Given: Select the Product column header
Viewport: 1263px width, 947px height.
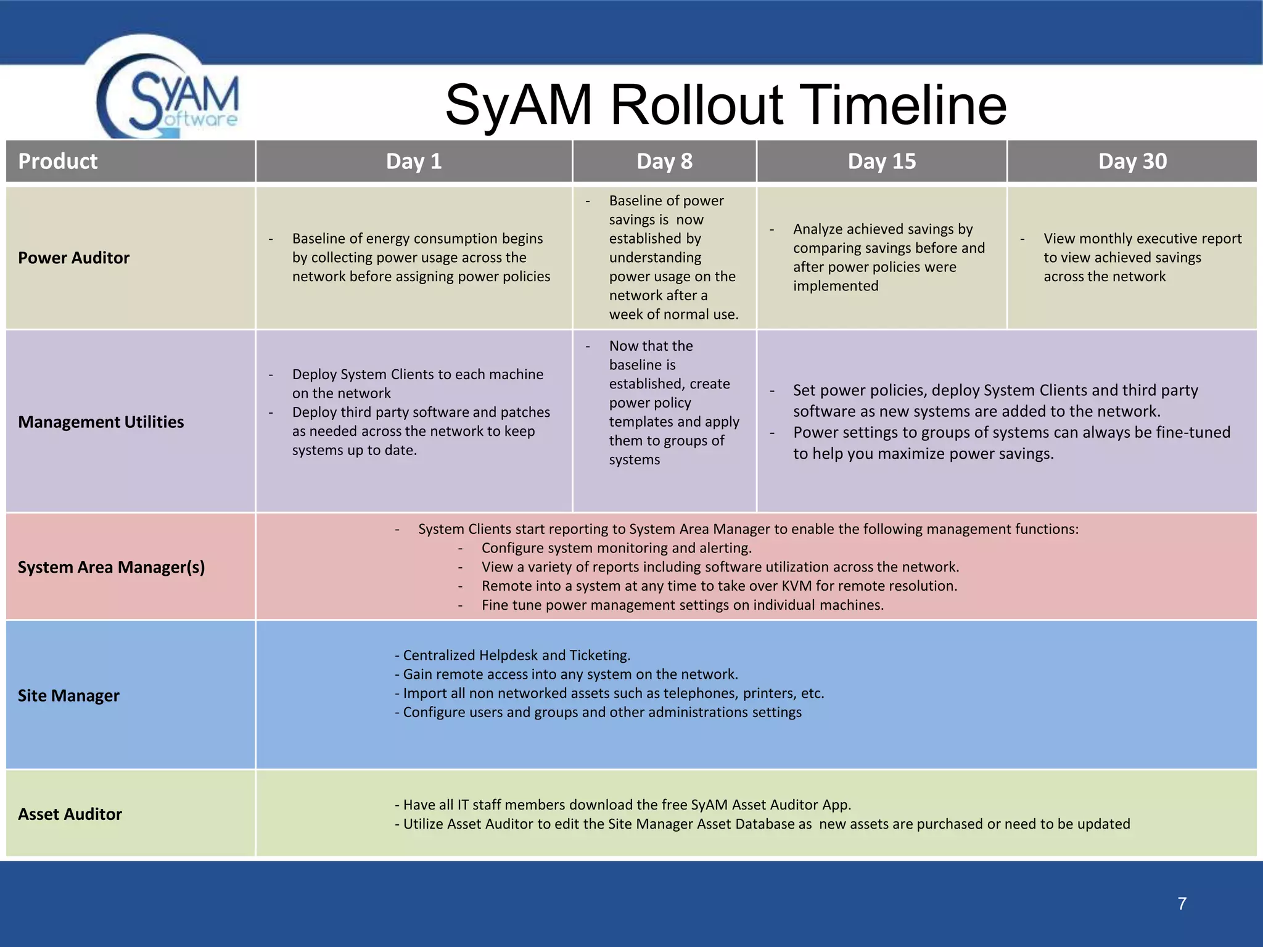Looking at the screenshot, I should tap(58, 162).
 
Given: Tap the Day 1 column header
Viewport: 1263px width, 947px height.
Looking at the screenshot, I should tap(414, 162).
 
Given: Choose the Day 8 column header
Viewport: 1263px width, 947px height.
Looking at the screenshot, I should tap(664, 162).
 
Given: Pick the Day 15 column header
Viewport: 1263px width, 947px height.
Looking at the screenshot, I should tap(881, 162).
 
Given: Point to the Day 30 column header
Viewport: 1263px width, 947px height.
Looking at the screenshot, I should tap(1132, 162).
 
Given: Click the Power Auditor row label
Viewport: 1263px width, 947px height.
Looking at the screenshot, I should tap(73, 258).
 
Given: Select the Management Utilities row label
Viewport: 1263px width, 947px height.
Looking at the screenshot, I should tap(101, 422).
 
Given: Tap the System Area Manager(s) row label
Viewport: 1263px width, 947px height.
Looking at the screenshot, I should tap(111, 567).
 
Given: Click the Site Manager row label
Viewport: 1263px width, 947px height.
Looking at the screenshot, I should tap(68, 695).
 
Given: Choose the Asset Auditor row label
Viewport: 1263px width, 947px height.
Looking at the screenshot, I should tap(70, 814).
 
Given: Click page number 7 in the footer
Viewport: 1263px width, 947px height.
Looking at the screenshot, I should tap(1182, 904).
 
